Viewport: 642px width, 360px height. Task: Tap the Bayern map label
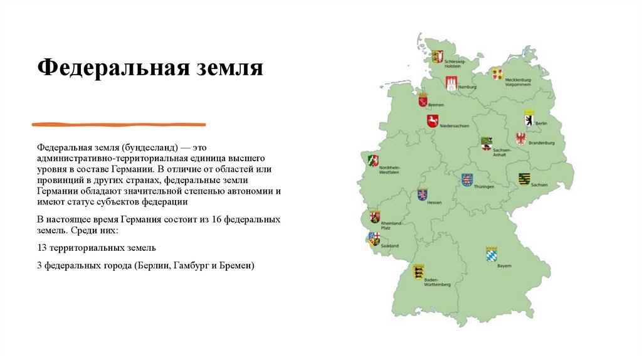click(504, 266)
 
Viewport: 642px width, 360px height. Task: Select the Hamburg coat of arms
click(450, 83)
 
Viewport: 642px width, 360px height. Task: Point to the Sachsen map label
click(539, 185)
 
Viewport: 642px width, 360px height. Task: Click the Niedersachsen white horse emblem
click(433, 120)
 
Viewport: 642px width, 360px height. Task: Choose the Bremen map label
click(436, 105)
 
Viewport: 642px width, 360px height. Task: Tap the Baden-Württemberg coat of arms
click(418, 271)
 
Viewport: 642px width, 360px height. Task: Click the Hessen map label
click(434, 203)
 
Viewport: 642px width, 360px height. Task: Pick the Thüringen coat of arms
click(466, 180)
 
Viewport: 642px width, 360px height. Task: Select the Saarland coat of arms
click(374, 238)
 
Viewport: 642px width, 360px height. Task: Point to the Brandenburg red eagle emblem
click(521, 139)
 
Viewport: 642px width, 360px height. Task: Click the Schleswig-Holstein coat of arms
click(437, 56)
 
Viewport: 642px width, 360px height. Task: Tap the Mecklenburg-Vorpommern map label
click(518, 82)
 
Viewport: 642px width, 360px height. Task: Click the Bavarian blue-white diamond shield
click(491, 254)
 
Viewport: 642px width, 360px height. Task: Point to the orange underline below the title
click(144, 124)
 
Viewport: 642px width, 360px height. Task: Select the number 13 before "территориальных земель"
click(42, 248)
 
